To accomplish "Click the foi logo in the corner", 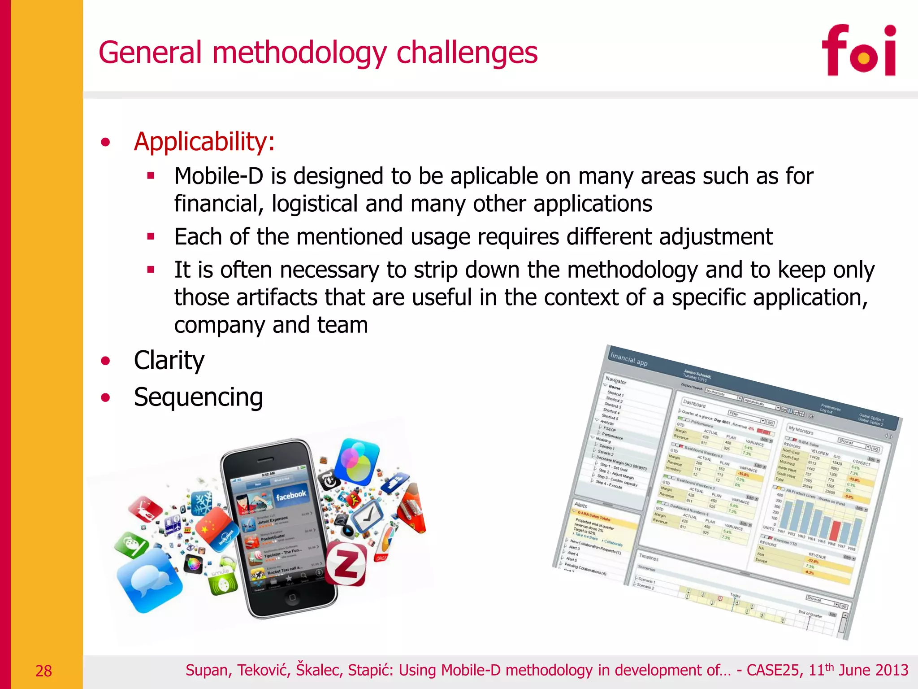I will click(858, 50).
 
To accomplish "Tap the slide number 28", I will click(43, 671).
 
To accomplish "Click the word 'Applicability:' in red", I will click(204, 142).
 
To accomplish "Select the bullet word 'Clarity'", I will click(169, 360).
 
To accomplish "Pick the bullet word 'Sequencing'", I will click(198, 397).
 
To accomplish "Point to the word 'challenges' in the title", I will click(467, 52).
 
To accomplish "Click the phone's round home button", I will click(292, 598).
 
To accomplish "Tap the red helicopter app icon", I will click(145, 510).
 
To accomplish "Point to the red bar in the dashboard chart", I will click(835, 531).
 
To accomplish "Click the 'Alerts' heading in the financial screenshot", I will click(581, 505).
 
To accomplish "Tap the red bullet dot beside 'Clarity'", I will click(106, 361).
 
